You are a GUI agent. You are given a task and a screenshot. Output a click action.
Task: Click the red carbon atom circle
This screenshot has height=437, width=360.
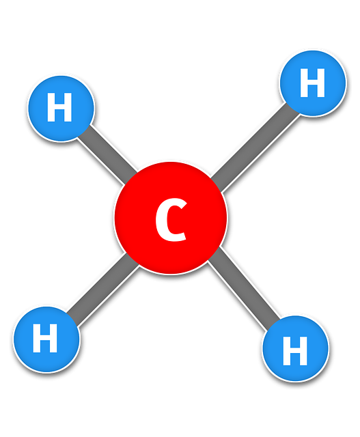coord(171,218)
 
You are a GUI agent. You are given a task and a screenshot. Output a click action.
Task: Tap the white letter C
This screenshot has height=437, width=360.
coord(171,220)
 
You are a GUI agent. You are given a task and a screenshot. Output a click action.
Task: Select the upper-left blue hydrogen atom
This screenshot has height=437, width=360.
coord(61,109)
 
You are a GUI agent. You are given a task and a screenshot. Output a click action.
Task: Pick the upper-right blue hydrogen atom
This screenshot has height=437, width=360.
coord(313,83)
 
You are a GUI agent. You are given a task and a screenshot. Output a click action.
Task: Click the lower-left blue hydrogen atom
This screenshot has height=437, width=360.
coord(46,339)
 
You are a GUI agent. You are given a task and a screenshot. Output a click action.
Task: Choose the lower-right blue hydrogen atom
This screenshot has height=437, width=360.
coord(295,348)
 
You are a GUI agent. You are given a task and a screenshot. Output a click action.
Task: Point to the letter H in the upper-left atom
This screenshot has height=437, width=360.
coord(59,107)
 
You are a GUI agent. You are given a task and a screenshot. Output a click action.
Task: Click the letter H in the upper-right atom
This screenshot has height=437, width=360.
coord(312,83)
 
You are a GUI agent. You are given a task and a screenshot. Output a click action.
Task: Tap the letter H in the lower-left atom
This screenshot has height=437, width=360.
coord(45,338)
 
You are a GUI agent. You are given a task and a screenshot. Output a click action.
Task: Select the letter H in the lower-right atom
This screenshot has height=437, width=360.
coord(295,350)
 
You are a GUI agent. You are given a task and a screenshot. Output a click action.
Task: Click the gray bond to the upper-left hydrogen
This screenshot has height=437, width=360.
coord(107,155)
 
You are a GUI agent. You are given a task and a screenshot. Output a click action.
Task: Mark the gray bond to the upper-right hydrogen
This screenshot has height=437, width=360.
coord(255,147)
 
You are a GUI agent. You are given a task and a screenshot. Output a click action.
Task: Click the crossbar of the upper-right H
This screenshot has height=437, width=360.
coord(312,83)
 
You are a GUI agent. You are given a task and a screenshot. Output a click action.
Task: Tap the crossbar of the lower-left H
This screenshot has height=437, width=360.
coord(45,338)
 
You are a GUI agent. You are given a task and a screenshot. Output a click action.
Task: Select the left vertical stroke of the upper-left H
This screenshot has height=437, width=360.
coord(51,107)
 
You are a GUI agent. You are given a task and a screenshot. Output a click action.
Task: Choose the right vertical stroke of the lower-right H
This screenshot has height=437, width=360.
coord(304,350)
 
